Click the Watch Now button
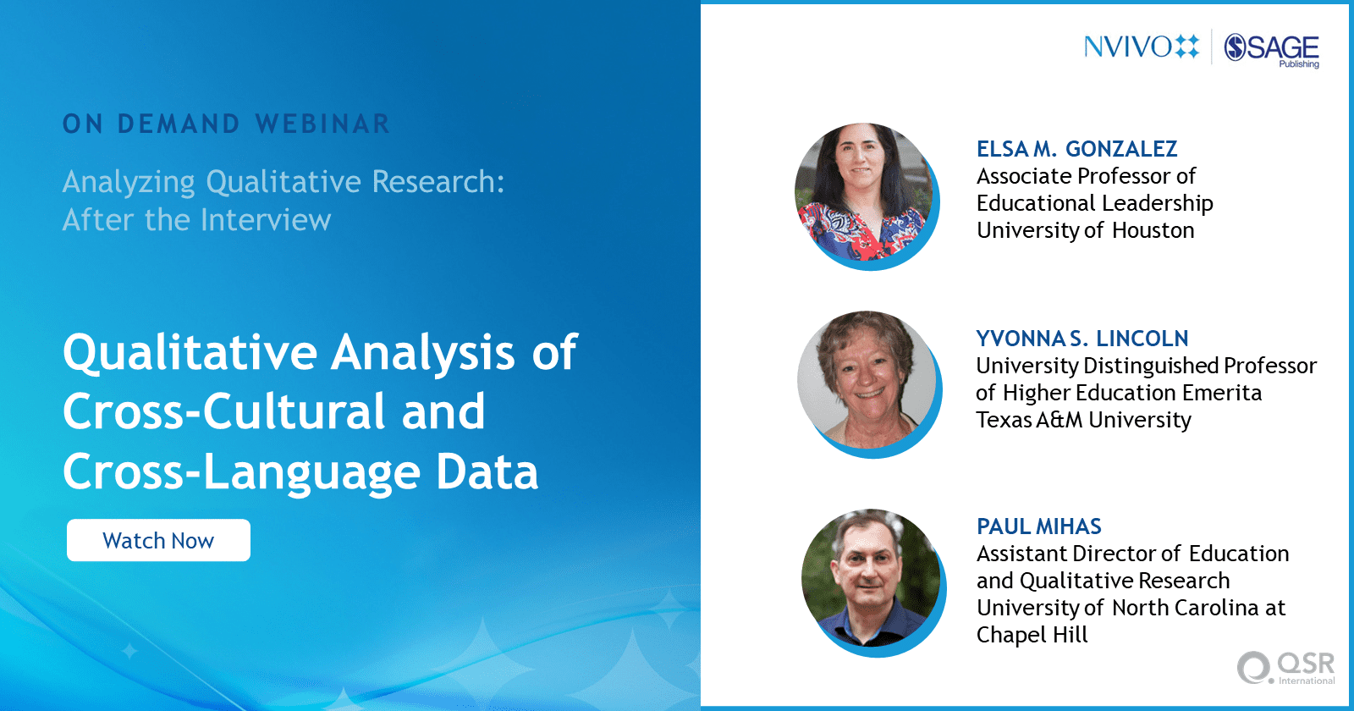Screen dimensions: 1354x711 pos(158,540)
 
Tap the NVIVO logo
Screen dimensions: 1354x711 pos(1142,47)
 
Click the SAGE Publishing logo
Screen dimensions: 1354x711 pos(1272,50)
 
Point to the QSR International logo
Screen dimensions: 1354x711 pos(1286,668)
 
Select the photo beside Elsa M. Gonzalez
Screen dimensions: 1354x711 pos(866,195)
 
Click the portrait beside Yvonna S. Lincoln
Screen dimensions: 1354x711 pos(868,382)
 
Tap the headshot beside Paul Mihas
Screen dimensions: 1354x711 pos(872,581)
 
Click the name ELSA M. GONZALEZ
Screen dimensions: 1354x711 pos(1076,149)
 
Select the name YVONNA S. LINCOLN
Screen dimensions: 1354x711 pos(1082,339)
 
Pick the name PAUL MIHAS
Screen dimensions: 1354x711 pos(1039,526)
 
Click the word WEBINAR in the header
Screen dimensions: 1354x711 pos(322,124)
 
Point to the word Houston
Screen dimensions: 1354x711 pos(1153,230)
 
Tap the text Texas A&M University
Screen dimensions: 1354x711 pos(1083,420)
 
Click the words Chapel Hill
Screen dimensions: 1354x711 pos(1032,635)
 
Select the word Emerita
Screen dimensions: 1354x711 pos(1222,393)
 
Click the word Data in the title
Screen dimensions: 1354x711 pos(487,471)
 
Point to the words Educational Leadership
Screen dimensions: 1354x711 pos(1095,204)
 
